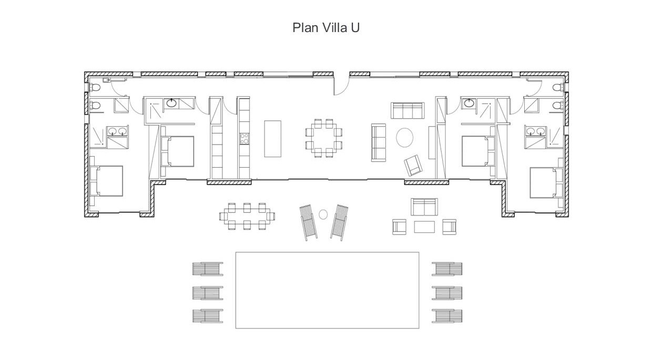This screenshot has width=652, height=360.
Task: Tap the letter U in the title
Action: pyautogui.click(x=355, y=28)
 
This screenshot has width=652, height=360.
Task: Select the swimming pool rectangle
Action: pyautogui.click(x=327, y=290)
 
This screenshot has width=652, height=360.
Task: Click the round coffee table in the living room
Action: pyautogui.click(x=404, y=138)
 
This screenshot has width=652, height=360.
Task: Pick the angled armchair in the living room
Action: pyautogui.click(x=413, y=166)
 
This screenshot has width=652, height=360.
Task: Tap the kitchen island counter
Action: pyautogui.click(x=273, y=139)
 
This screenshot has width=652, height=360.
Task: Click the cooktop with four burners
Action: pyautogui.click(x=244, y=139)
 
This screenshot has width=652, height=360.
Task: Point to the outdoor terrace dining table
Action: pyautogui.click(x=247, y=217)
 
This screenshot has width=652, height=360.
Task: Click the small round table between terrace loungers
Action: pyautogui.click(x=323, y=214)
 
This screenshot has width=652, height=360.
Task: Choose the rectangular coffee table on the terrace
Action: pyautogui.click(x=424, y=227)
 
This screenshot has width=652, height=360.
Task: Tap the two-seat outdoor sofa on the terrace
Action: pyautogui.click(x=424, y=207)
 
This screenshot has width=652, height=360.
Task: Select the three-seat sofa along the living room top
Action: pyautogui.click(x=407, y=110)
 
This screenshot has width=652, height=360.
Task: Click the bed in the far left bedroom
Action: pyautogui.click(x=107, y=181)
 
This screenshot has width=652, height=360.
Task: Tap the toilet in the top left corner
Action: pyautogui.click(x=95, y=87)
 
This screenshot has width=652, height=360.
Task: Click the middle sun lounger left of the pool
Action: pyautogui.click(x=208, y=293)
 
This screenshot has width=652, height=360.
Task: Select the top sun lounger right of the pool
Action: pyautogui.click(x=447, y=269)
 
